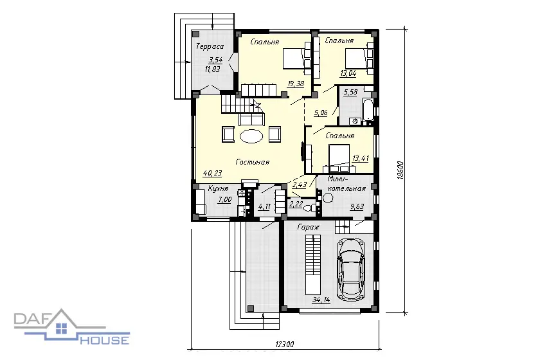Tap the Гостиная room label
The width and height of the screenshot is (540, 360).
253,162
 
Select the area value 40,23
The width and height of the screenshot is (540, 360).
212,174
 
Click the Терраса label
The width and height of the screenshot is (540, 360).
210,46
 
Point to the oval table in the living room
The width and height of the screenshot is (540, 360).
252,136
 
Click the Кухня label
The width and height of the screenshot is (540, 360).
218,189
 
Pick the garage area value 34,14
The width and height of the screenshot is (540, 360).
321,300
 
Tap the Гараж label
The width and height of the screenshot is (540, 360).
308,228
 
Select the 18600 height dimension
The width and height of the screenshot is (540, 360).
400,170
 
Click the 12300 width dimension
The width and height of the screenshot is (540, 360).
285,344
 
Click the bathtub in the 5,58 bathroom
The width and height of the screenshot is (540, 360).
367,110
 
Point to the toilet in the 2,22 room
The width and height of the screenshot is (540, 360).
311,208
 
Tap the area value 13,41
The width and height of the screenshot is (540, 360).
361,159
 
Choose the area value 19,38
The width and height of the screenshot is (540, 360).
296,84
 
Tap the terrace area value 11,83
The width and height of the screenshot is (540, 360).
213,69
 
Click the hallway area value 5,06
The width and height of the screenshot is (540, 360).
321,113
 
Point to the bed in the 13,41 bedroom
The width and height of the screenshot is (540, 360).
339,159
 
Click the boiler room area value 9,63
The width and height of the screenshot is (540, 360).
357,207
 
